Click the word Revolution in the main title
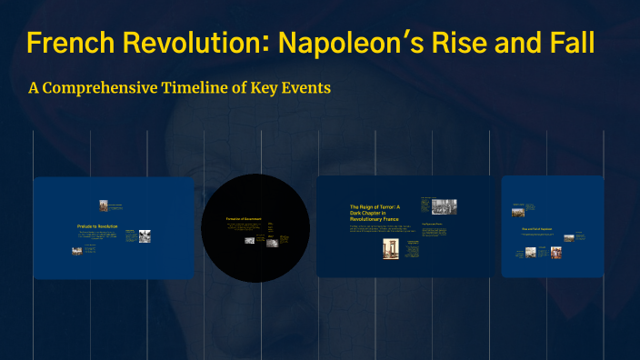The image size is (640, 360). point(182,43)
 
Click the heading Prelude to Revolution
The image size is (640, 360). point(97,225)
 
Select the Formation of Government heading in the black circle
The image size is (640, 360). point(244,219)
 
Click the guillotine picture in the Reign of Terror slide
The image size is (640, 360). point(391,248)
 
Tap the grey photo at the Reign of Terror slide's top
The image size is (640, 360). point(444,206)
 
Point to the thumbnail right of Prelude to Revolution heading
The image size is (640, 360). point(145,235)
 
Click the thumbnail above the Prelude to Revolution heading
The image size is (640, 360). point(105,205)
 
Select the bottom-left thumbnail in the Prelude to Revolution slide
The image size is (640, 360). point(77,250)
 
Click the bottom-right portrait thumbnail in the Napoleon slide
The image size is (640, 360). point(555,252)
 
